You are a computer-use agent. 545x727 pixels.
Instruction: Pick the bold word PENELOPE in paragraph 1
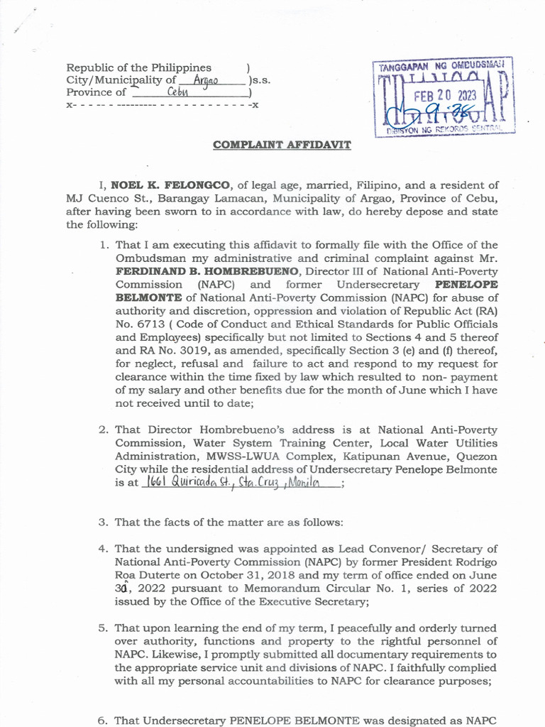coord(466,284)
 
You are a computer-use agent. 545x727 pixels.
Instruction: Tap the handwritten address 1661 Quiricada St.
coord(182,483)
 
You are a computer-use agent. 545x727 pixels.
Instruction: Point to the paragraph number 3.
coord(103,522)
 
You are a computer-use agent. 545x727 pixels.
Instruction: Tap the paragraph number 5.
coord(103,628)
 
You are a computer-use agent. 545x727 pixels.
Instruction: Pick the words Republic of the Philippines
coord(139,67)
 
